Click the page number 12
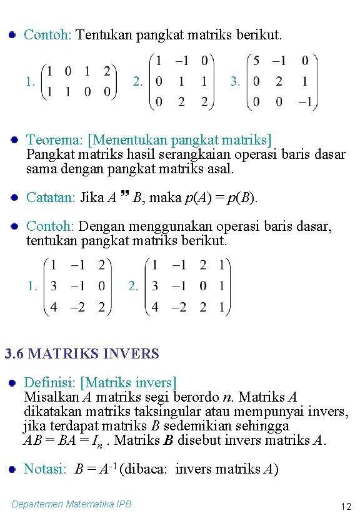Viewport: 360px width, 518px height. click(x=345, y=506)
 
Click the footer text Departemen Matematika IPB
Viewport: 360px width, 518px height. click(x=72, y=504)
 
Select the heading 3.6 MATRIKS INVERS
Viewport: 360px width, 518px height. click(x=82, y=353)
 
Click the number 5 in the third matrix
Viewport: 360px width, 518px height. click(x=256, y=62)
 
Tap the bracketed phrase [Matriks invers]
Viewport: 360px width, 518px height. click(x=129, y=382)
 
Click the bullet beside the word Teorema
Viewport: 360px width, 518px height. click(x=13, y=140)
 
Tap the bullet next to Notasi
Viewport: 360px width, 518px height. click(x=12, y=469)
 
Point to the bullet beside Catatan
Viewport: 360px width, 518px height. click(x=13, y=198)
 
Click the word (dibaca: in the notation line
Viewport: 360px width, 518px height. click(x=147, y=469)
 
